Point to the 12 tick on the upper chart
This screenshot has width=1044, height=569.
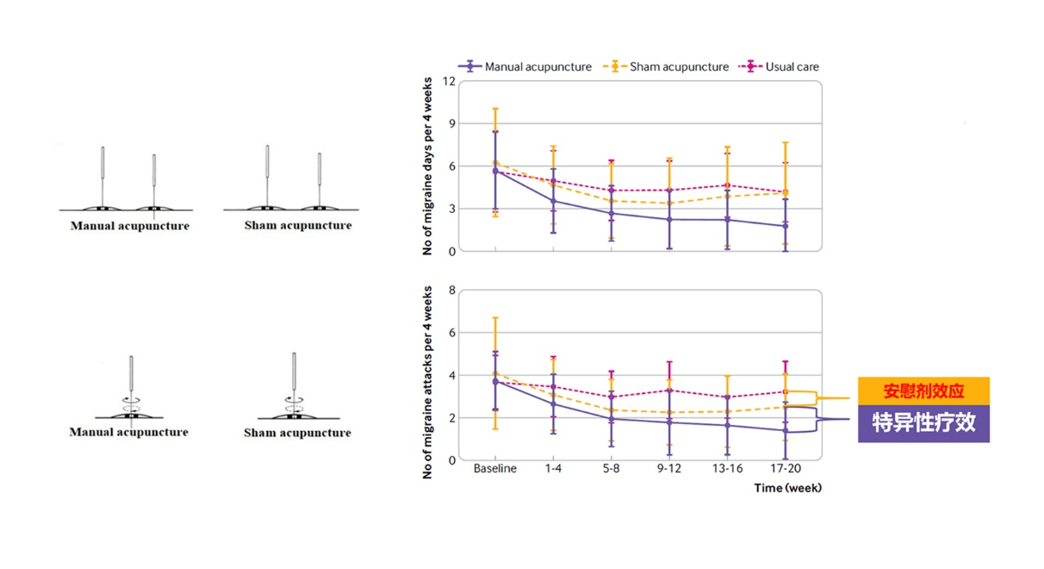(449, 82)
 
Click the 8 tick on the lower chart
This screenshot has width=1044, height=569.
(451, 291)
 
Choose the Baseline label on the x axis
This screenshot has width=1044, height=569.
(495, 470)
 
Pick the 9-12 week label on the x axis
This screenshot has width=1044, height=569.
(669, 470)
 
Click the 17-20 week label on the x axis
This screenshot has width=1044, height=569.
(785, 470)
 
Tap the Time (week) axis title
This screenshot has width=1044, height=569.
(788, 488)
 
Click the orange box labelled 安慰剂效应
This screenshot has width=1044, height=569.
(923, 391)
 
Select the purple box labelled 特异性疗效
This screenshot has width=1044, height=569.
(923, 423)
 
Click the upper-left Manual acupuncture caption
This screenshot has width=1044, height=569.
(130, 226)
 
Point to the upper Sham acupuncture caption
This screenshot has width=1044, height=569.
(298, 226)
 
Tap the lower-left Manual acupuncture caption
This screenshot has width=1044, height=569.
(129, 432)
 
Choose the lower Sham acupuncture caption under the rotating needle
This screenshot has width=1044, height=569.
(297, 433)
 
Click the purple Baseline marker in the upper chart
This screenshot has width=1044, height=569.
(495, 171)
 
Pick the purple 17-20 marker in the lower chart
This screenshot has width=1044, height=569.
(785, 430)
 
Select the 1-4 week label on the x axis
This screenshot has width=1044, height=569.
(553, 470)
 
